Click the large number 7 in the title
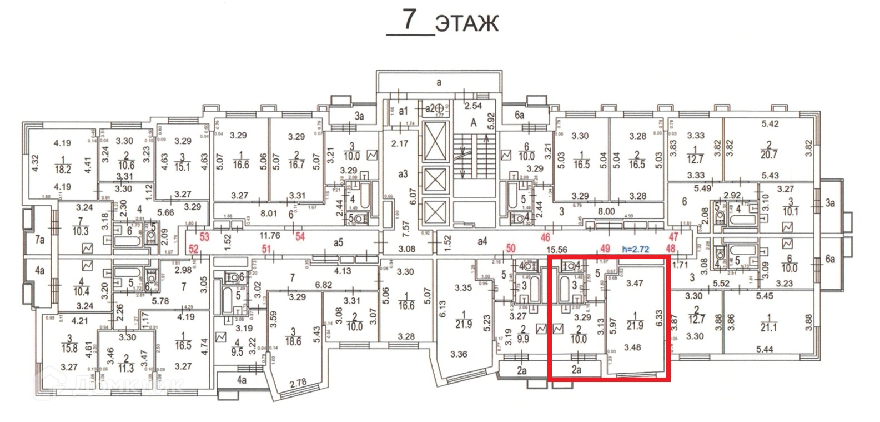point(410,19)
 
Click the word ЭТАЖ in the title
point(467,24)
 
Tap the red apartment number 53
point(204,237)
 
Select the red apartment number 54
point(300,237)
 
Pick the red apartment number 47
point(673,237)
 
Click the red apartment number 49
point(605,249)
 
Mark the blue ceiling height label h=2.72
point(636,249)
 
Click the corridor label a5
point(339,242)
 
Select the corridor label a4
point(482,241)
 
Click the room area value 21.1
point(769,327)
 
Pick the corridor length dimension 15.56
point(557,250)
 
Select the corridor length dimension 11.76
point(270,236)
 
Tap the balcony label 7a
point(39,240)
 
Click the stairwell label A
point(473,123)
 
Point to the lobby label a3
point(403,174)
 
